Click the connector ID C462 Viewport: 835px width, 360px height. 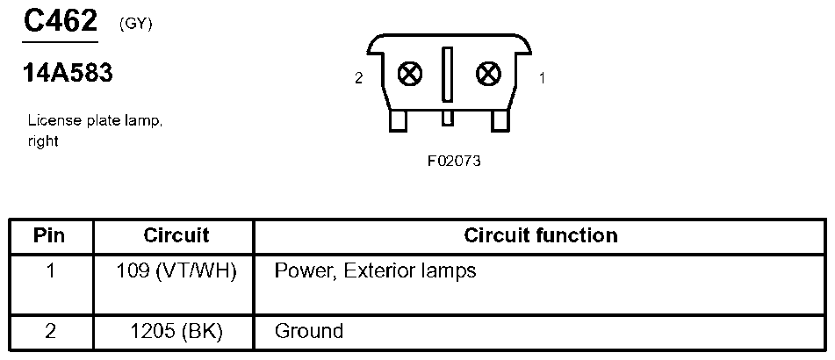coord(60,21)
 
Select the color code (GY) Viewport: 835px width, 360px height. coord(135,25)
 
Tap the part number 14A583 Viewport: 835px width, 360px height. coord(68,75)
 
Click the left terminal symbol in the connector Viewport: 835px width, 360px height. coord(409,74)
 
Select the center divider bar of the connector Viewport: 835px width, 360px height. coord(448,76)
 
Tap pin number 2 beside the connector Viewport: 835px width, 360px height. coord(358,78)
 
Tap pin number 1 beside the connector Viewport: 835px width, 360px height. coord(542,78)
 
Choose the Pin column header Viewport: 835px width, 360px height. coord(50,235)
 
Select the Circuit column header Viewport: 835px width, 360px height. coord(176,235)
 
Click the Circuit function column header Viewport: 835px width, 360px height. coord(540,235)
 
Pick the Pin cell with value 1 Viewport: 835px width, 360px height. coord(50,270)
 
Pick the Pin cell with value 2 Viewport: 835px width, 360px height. coord(50,332)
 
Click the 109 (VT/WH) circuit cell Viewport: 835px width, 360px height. coord(176,270)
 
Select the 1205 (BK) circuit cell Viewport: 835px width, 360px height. coord(176,332)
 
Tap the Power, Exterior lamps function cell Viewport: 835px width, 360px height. coord(375,270)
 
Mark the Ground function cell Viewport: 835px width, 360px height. coord(308,332)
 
